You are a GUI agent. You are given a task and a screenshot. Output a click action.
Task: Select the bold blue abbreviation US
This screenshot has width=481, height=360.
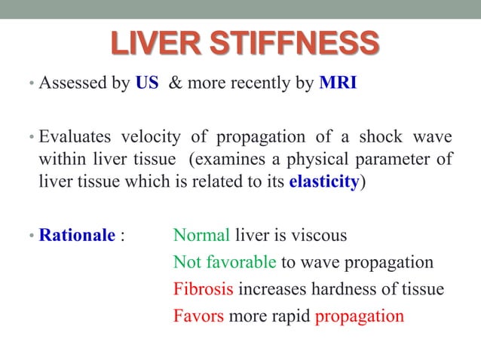(146, 82)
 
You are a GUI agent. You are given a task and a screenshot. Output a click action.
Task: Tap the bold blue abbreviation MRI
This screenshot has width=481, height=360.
(337, 82)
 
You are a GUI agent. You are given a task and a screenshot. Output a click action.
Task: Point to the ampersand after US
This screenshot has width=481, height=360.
(174, 82)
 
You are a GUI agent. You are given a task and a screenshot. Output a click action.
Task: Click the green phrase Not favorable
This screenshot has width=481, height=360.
(225, 262)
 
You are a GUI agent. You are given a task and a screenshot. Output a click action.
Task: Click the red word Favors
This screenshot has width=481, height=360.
(198, 316)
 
